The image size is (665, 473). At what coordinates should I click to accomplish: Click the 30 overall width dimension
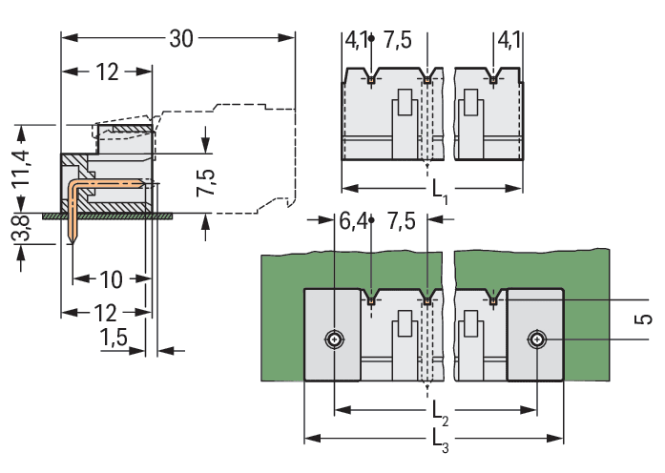[x=181, y=39]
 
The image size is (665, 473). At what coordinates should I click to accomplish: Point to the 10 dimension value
[x=111, y=279]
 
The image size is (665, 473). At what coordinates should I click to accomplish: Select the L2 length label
[x=437, y=413]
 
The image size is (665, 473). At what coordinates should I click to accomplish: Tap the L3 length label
[x=438, y=442]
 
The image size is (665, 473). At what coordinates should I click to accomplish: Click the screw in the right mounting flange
[x=537, y=339]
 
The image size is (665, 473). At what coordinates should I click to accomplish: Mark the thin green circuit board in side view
[x=114, y=216]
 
